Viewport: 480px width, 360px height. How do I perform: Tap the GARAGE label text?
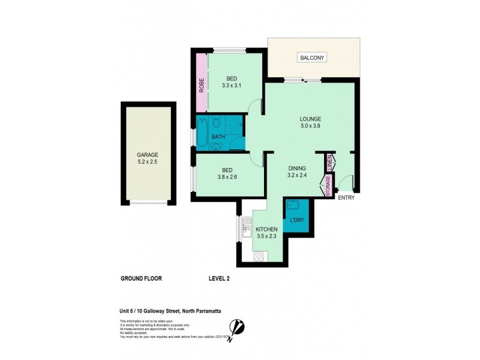point(147,155)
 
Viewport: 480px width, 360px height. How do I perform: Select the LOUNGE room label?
point(311,118)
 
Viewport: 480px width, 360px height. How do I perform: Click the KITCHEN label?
point(266,229)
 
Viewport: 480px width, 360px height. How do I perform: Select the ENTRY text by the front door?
point(346,197)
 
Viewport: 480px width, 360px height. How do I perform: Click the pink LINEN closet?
point(329,162)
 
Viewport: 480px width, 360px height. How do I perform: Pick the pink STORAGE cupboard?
point(329,186)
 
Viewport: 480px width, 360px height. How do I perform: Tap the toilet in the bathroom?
point(217,120)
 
